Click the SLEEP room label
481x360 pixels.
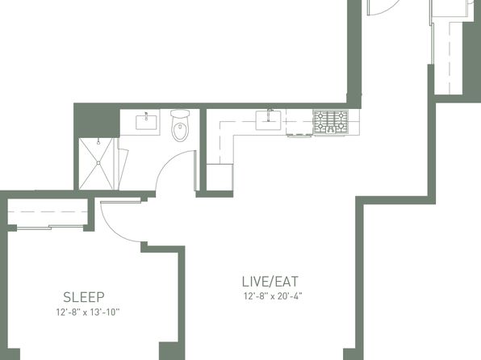coord(84,297)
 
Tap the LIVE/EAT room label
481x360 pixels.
coord(270,282)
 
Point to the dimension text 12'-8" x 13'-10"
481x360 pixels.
coord(87,312)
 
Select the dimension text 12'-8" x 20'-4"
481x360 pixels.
coord(273,296)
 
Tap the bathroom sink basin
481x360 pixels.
coord(146,122)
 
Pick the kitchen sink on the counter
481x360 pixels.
coord(268,120)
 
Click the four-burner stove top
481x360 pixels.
coord(330,122)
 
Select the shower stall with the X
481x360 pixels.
coord(98,164)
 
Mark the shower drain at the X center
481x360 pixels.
coord(98,163)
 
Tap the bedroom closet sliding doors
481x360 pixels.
coord(50,228)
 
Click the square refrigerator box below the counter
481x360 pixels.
coord(220,177)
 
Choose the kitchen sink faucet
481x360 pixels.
coord(270,114)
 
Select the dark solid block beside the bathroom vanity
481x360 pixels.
coord(97,121)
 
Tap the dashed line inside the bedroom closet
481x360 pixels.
coord(48,211)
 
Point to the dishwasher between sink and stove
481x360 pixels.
coord(299,122)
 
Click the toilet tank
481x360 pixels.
coord(180,114)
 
